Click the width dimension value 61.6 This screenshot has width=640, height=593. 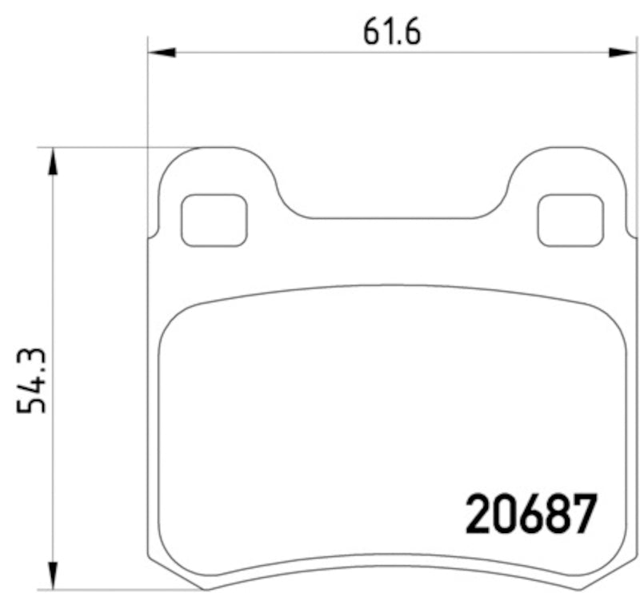pyautogui.click(x=391, y=31)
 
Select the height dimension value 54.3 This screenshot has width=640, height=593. pyautogui.click(x=32, y=380)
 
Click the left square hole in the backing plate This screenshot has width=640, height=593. pyautogui.click(x=214, y=220)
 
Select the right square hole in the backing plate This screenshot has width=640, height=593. pyautogui.click(x=570, y=220)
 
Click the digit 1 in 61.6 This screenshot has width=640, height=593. pyautogui.click(x=385, y=31)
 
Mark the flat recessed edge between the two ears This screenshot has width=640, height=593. pyautogui.click(x=392, y=218)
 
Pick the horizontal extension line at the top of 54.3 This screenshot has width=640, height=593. pyautogui.click(x=120, y=148)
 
